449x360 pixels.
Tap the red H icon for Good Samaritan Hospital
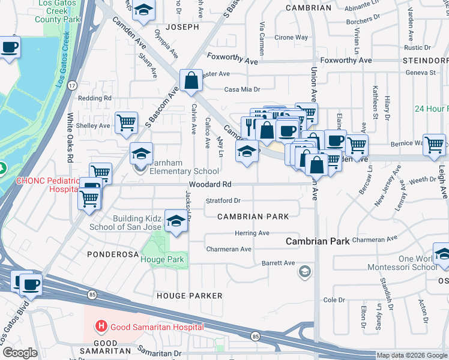coord(101,326)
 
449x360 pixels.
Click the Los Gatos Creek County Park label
coord(58,11)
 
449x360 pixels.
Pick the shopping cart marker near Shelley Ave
coord(126,122)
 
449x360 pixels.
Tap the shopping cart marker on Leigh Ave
coord(434,145)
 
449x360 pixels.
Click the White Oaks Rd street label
coord(70,139)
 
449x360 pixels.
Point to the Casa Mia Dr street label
coord(242,89)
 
